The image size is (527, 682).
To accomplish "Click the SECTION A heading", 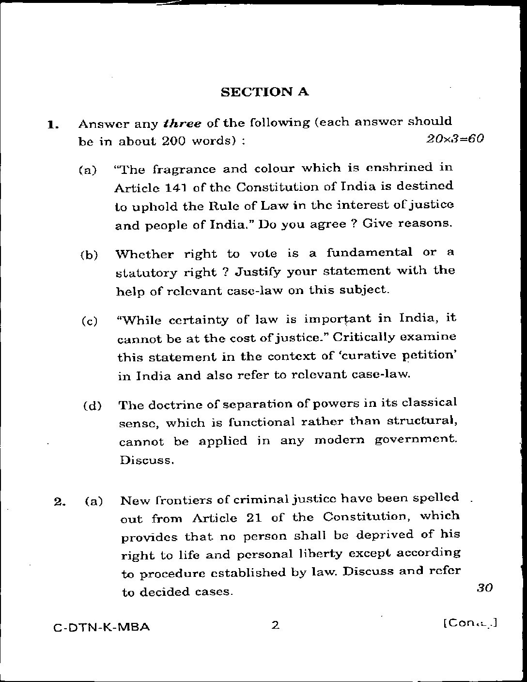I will tap(264, 92).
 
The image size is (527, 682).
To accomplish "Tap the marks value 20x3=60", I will tap(455, 139).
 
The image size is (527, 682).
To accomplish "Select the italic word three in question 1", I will tap(183, 123).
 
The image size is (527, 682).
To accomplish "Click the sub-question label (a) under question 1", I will tap(88, 170).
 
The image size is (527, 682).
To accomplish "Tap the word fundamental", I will tap(369, 252).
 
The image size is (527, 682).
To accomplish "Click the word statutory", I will tap(146, 273).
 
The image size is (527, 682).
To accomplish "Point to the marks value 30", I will tap(484, 588).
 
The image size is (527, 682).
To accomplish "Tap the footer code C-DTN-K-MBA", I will tap(101, 628).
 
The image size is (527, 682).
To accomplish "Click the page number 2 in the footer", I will tap(275, 626).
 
